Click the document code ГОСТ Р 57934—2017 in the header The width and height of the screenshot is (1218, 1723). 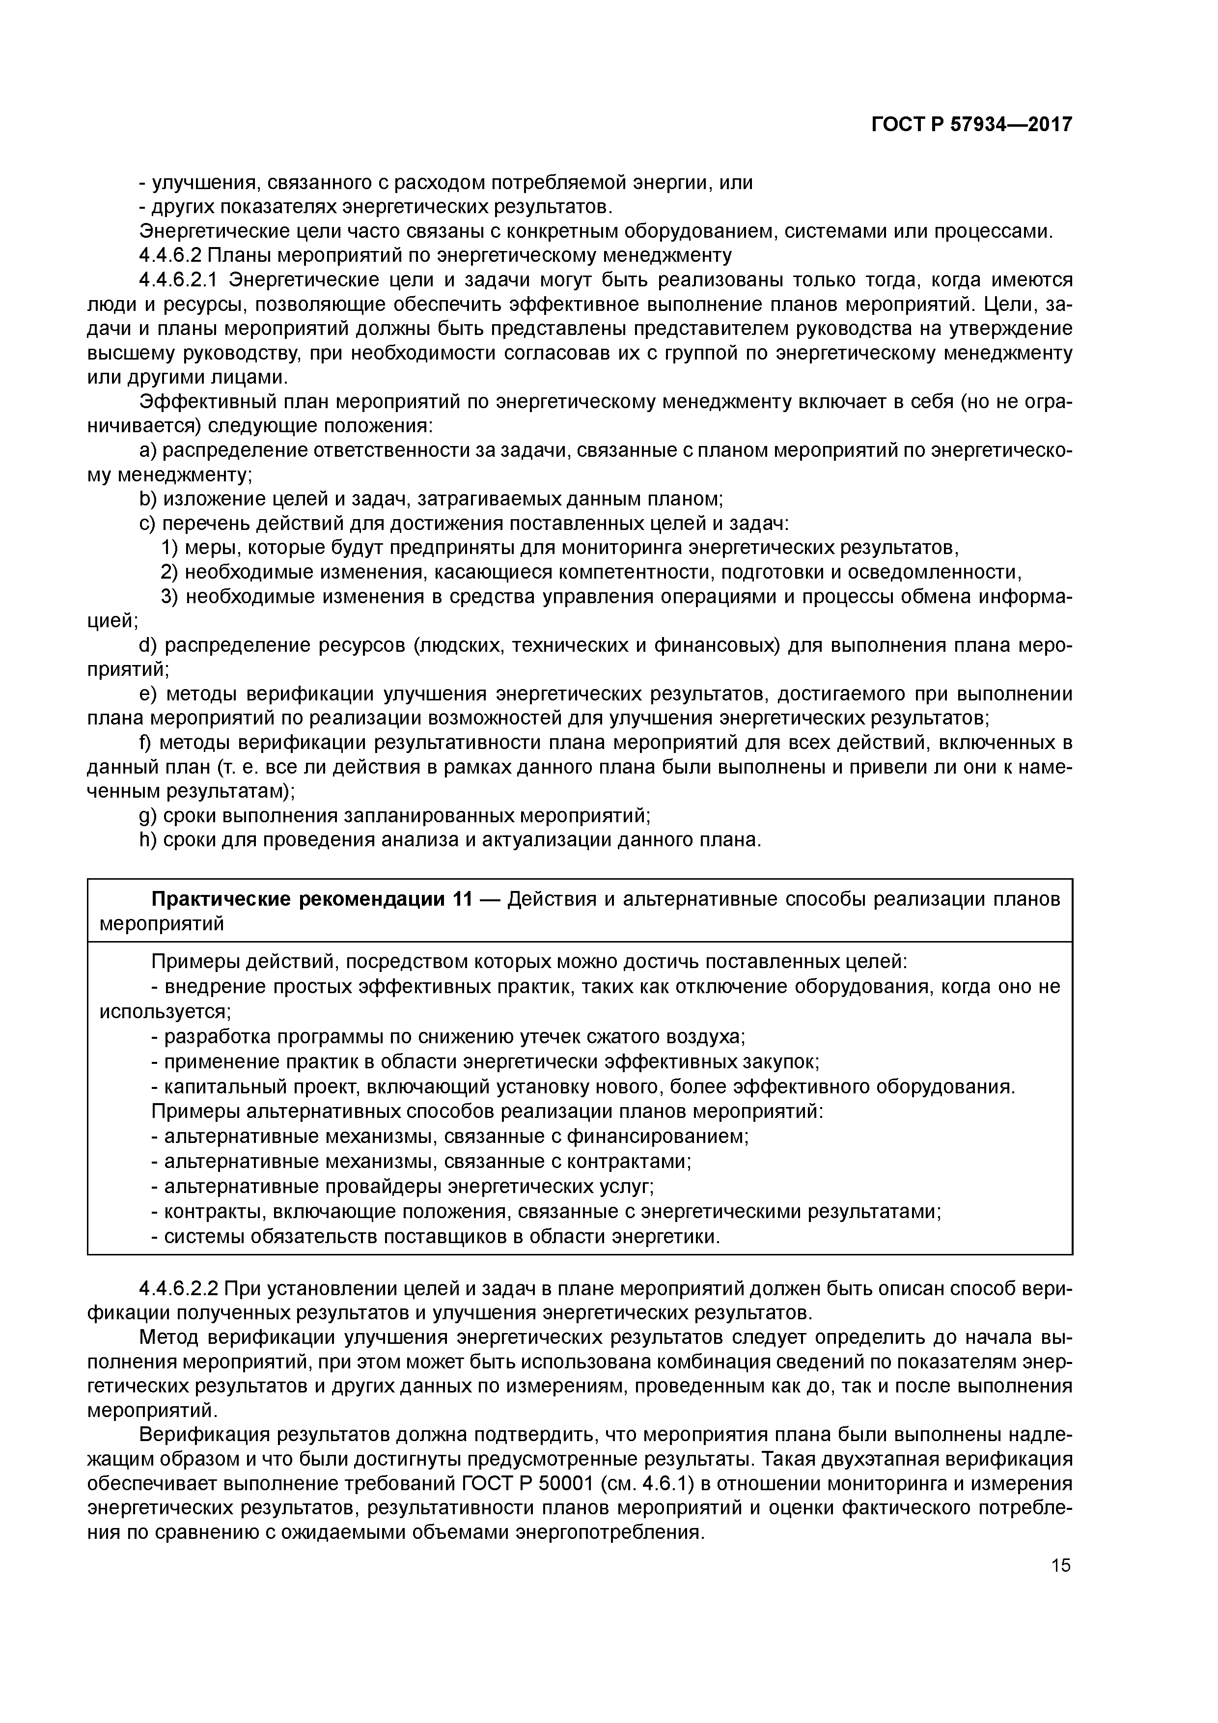(971, 124)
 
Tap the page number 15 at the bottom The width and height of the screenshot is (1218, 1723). (1060, 1565)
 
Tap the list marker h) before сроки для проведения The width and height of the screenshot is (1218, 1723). (148, 840)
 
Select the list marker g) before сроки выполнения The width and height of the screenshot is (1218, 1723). (148, 815)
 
